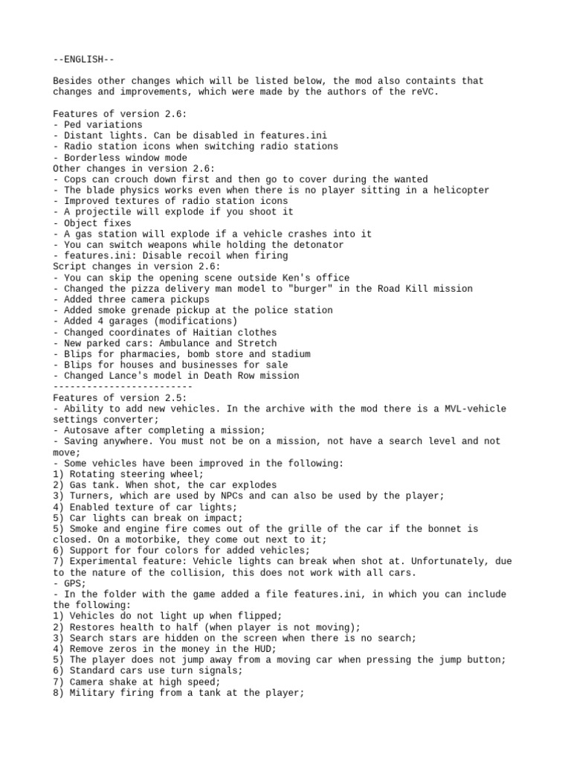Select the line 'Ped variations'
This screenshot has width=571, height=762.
[97, 124]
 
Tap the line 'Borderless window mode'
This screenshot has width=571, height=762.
[120, 157]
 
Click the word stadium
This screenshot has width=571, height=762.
[288, 353]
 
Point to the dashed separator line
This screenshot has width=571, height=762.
[123, 387]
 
